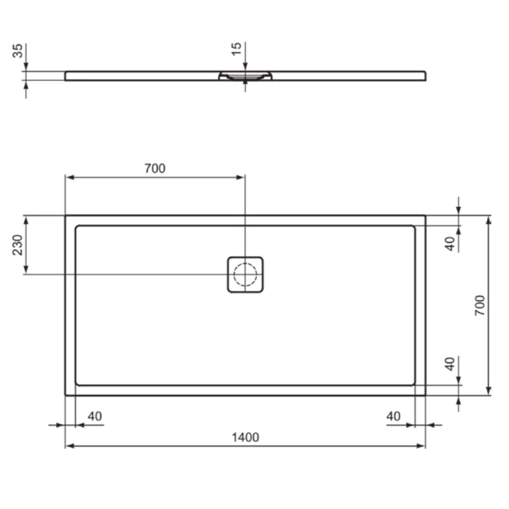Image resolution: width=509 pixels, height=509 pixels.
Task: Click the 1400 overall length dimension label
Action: coord(245,437)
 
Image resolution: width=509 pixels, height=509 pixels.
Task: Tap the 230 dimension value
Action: coord(17,245)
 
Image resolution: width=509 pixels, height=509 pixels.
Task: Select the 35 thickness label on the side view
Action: coord(17,51)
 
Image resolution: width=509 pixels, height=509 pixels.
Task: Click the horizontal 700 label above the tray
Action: coord(155,168)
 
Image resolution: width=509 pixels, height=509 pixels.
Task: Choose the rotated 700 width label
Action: coord(480,305)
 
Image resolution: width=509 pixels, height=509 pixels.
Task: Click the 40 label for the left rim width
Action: coord(95,416)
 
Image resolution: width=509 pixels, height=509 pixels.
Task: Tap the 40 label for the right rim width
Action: coord(393,416)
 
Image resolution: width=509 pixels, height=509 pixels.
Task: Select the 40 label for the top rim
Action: coord(450,244)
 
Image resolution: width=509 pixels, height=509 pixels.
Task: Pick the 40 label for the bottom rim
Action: coord(450,364)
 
